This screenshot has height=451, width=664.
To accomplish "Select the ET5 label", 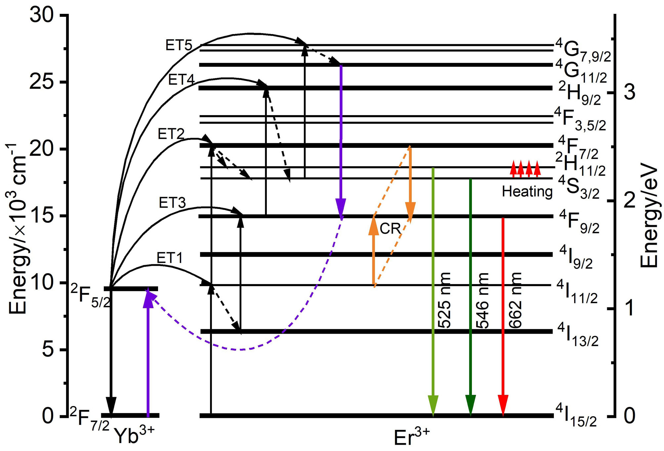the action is (x=179, y=45).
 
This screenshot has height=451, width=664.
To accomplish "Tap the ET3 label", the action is (x=172, y=203).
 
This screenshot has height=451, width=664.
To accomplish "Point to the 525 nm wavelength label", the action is (x=444, y=300).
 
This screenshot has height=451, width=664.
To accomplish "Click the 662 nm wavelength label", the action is (x=515, y=300).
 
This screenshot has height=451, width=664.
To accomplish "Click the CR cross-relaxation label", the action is (x=390, y=228).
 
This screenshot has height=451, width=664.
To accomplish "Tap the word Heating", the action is (x=527, y=191).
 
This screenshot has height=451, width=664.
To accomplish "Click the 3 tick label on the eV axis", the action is (x=629, y=92).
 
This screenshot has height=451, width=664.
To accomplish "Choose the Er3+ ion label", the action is (x=411, y=436).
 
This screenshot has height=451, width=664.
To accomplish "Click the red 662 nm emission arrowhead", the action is (x=503, y=405).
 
